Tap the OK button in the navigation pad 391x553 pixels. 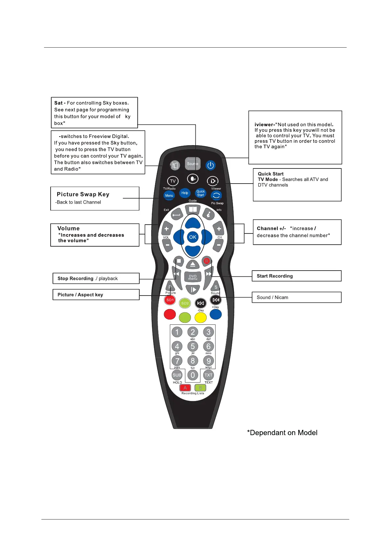[193, 237]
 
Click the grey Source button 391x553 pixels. [193, 164]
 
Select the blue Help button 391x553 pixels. [185, 193]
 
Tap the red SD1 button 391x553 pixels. [170, 300]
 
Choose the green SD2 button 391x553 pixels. [185, 303]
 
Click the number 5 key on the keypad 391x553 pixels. [193, 346]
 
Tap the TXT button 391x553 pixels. [208, 375]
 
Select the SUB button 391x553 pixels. [177, 375]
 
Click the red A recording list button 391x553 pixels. [185, 388]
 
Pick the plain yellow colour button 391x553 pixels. [200, 318]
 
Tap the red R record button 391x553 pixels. [207, 261]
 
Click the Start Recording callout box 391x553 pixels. [296, 276]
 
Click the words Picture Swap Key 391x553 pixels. [83, 194]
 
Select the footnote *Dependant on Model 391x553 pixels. [282, 433]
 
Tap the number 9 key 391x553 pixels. [208, 361]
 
